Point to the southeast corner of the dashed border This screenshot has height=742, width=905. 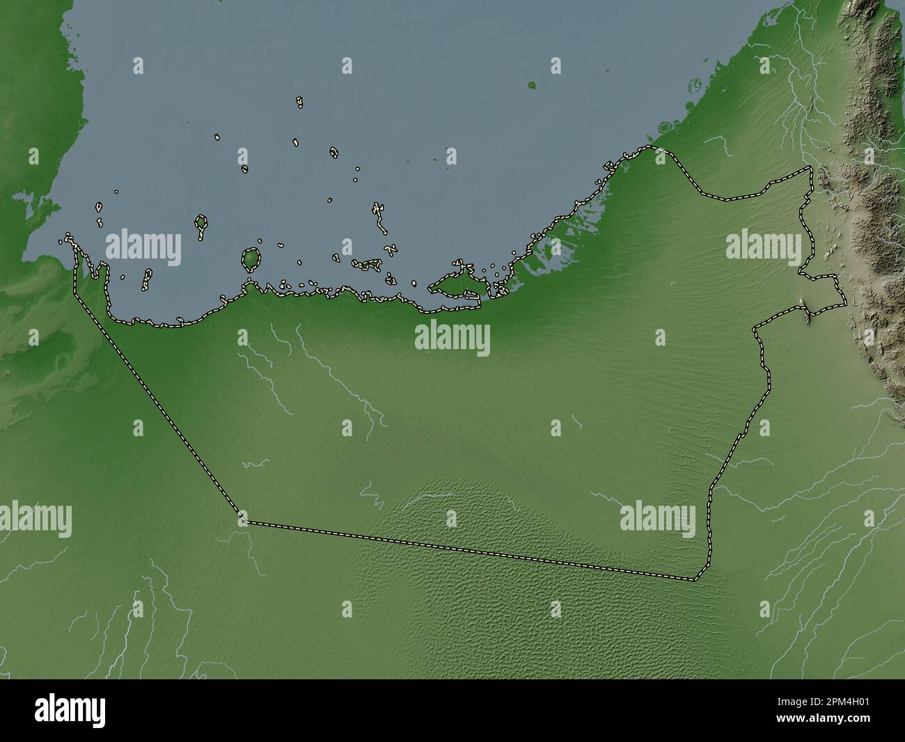pos(695,579)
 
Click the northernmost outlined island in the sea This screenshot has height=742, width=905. pos(299,102)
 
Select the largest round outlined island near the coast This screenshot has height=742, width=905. pos(251,259)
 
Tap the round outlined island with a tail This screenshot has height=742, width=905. pos(201,224)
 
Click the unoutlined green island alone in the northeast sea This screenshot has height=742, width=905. pos(532,86)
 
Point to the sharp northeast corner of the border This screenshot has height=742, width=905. pos(810,169)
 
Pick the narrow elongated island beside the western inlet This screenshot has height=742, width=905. pos(148,279)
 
